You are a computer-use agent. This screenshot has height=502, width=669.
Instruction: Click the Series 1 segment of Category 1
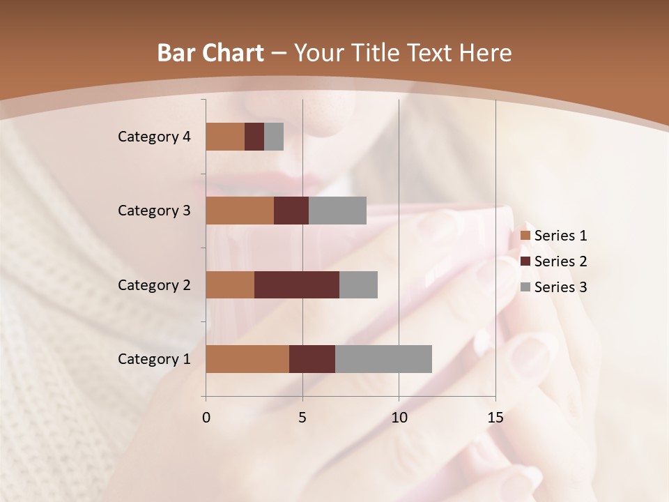point(247,359)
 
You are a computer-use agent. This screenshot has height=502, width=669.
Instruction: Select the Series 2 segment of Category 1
point(312,359)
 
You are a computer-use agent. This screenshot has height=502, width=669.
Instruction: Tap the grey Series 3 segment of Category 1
point(383,359)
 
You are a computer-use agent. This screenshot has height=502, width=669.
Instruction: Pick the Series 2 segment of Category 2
point(297,284)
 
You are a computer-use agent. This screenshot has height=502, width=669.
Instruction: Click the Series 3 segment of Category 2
point(358,284)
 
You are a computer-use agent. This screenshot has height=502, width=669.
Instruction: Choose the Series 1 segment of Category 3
point(240,211)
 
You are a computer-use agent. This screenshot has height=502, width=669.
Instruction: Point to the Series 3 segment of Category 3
point(337,211)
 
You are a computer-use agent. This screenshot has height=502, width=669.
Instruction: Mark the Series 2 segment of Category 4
point(254,137)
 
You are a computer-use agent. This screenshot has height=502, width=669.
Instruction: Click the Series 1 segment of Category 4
point(225,137)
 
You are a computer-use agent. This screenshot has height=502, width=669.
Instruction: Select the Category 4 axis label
point(154,137)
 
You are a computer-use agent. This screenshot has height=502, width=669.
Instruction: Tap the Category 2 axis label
point(154,284)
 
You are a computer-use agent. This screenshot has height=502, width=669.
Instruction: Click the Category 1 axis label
point(154,359)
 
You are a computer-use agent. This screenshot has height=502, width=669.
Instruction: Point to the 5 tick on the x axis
point(302,418)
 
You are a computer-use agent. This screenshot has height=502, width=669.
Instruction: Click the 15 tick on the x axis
point(495,418)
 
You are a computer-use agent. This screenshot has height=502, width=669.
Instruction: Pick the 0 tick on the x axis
point(206,418)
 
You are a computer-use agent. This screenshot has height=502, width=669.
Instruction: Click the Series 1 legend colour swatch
point(525,236)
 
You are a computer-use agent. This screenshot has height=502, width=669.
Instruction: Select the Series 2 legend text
point(560,261)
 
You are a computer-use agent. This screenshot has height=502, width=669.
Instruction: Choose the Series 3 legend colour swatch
point(525,287)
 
